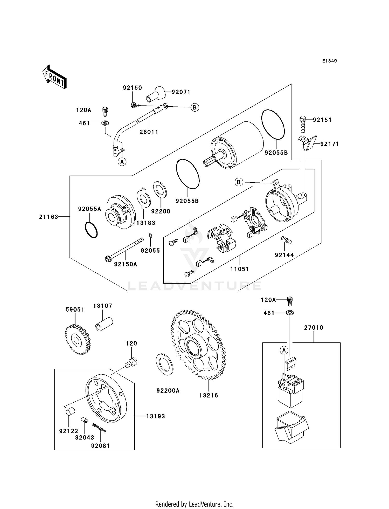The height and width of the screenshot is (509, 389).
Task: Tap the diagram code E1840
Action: (x=329, y=61)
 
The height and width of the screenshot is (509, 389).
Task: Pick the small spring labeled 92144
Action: (x=287, y=240)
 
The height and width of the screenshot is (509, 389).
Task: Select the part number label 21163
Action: (x=49, y=217)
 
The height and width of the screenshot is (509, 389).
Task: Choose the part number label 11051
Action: (x=240, y=269)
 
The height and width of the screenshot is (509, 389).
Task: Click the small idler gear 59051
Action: (x=77, y=340)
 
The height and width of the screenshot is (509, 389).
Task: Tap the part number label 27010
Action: (x=314, y=328)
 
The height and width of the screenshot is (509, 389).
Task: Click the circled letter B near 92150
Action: (x=195, y=107)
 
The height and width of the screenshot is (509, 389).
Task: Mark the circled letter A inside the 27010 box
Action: (x=284, y=350)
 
